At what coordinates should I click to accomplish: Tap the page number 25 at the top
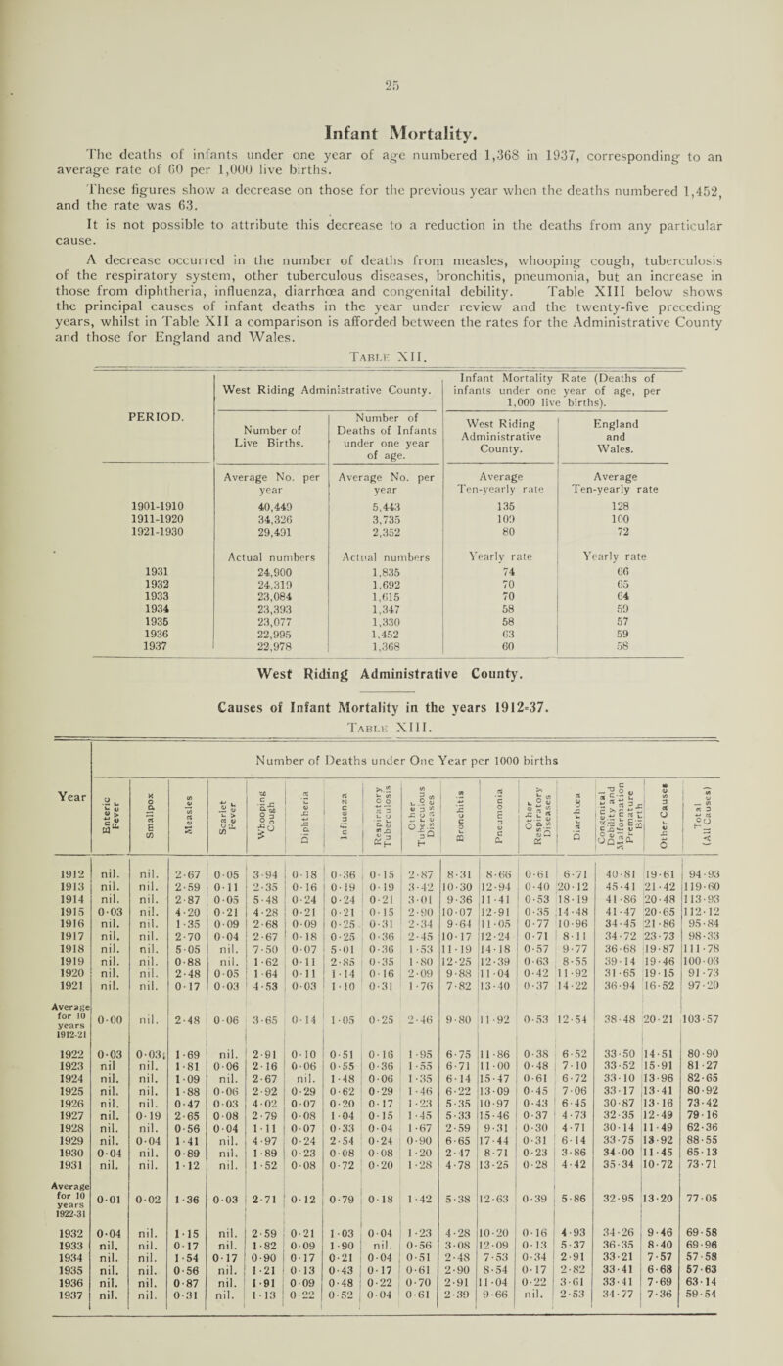pyautogui.click(x=391, y=22)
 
